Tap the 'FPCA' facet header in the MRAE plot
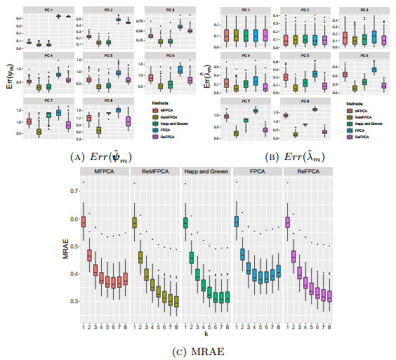click(x=257, y=172)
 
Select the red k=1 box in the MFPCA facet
click(x=84, y=221)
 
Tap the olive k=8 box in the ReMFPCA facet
click(x=176, y=301)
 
